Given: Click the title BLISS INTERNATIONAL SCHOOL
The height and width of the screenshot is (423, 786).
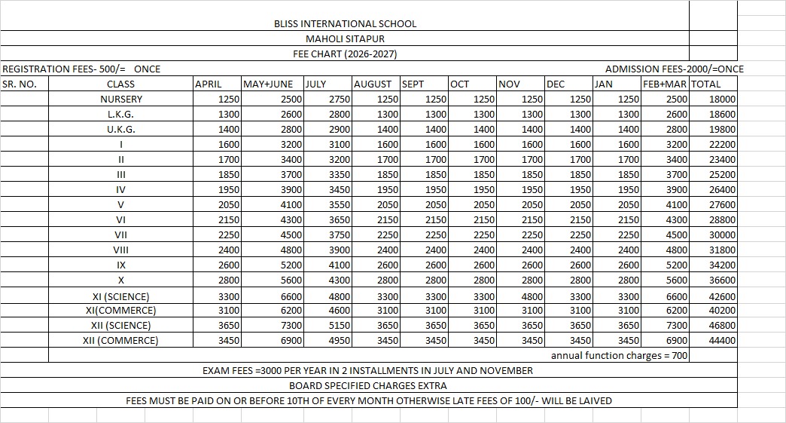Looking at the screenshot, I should (345, 23).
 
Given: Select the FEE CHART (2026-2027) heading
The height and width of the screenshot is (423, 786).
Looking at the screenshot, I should (345, 54).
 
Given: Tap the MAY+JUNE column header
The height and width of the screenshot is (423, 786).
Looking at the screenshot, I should (261, 84).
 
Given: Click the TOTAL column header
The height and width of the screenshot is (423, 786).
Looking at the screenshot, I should (705, 84).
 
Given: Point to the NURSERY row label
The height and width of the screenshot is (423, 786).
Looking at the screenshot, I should (121, 99).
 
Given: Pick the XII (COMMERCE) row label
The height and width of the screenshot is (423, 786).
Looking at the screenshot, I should (121, 340).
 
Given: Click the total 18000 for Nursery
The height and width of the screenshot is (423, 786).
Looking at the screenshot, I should (722, 99).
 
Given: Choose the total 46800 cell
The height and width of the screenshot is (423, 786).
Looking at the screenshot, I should (722, 325).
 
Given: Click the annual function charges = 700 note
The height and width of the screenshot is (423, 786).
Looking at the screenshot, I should (619, 355).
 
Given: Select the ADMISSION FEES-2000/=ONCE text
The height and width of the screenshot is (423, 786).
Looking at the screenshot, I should (674, 69).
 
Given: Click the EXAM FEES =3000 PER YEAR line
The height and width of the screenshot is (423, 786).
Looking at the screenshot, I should (367, 370).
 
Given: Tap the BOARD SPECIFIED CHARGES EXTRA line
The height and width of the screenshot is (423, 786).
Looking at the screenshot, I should (367, 385).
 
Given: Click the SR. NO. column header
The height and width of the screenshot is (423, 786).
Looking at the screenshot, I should (20, 84).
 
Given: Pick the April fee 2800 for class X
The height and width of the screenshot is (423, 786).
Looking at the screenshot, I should (228, 280).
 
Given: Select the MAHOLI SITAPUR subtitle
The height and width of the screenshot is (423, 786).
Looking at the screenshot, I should (345, 38).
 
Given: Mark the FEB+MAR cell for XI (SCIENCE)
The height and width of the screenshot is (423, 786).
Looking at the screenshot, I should (677, 296).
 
